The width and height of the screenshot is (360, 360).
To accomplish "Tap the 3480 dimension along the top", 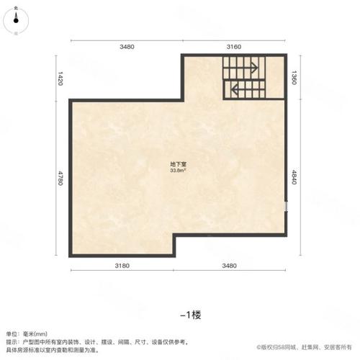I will [127, 47].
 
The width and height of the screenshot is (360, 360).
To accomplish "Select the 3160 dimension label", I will [234, 47].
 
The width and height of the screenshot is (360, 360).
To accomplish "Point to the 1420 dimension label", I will [60, 77].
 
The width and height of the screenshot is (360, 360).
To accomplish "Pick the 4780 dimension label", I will [60, 176].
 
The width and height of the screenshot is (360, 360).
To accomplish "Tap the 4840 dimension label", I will [294, 176].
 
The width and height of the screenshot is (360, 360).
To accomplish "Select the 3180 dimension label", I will [122, 266].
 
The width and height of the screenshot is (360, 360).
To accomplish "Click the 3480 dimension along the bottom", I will [230, 266].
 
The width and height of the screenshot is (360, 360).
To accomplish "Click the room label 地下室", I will [179, 165].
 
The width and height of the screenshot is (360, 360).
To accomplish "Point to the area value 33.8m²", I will [179, 171].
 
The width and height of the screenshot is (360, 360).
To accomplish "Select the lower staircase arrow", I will [234, 90].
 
